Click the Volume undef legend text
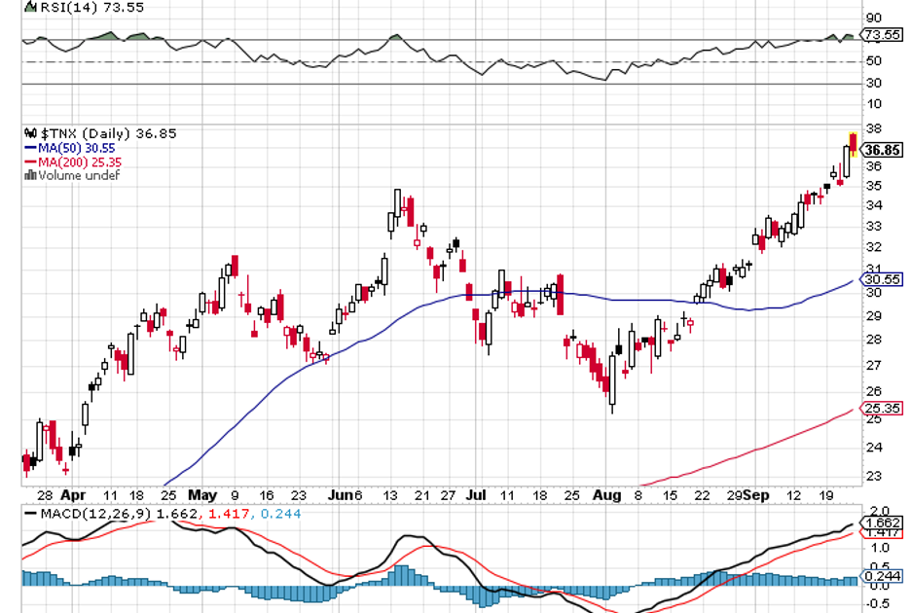[x=78, y=175]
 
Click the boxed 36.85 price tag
[x=882, y=150]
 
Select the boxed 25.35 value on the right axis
[x=882, y=409]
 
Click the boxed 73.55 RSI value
[x=882, y=35]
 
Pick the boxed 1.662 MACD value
[x=882, y=522]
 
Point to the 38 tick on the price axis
[x=873, y=128]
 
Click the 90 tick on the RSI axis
[x=873, y=18]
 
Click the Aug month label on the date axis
[x=605, y=494]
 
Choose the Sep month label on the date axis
[x=755, y=494]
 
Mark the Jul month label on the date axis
[x=475, y=494]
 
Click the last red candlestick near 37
[x=854, y=144]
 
